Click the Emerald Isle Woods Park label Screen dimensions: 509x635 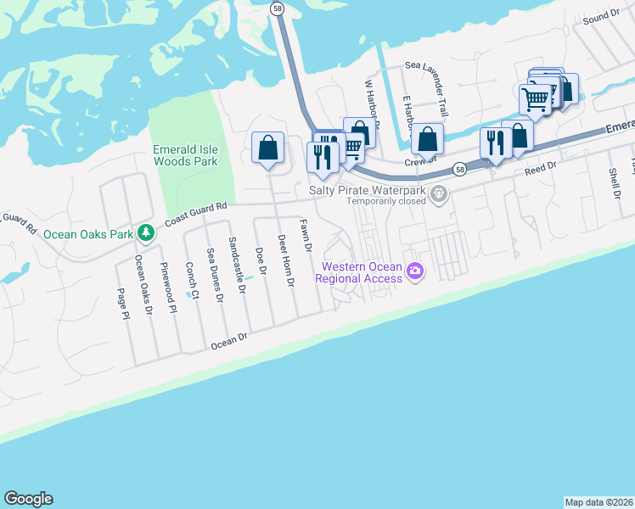185,155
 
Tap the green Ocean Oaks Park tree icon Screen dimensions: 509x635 146,232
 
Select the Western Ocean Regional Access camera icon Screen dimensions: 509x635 415,271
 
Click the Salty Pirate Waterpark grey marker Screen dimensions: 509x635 439,194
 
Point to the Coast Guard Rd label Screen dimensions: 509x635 196,213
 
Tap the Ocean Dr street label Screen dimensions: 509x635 228,340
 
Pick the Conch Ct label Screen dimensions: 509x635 193,282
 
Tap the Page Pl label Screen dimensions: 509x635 124,303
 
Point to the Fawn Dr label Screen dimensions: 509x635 306,236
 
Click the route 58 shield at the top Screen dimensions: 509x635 278,8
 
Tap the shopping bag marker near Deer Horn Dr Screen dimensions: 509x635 268,148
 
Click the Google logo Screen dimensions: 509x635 28,499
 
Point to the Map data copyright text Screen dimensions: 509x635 598,502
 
